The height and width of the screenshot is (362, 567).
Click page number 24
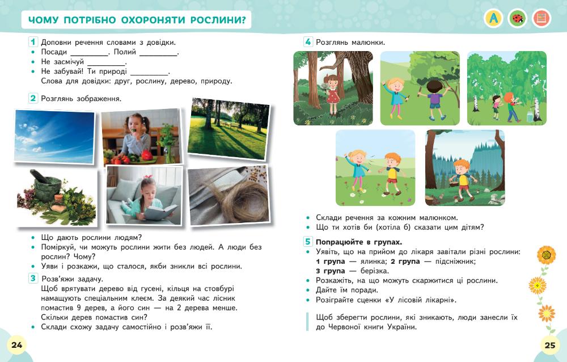click(x=16, y=345)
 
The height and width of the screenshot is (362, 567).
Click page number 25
click(x=549, y=344)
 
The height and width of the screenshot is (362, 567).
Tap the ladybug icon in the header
click(x=517, y=19)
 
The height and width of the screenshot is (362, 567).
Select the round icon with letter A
click(x=493, y=19)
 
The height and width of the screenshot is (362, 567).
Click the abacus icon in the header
click(x=541, y=19)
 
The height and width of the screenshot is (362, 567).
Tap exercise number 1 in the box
click(x=33, y=41)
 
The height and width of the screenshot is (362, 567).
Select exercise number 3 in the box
click(x=33, y=278)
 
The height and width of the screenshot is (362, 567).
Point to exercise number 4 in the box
click(x=308, y=41)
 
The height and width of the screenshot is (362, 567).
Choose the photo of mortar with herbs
click(x=56, y=197)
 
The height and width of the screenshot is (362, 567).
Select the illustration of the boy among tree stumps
click(x=464, y=167)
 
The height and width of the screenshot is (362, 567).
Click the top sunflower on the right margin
click(x=546, y=255)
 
